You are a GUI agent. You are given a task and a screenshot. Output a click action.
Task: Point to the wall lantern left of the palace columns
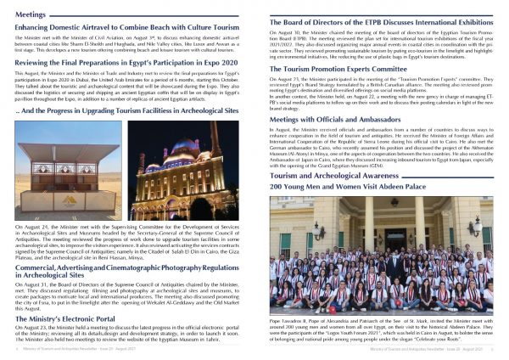pos(321,232)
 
